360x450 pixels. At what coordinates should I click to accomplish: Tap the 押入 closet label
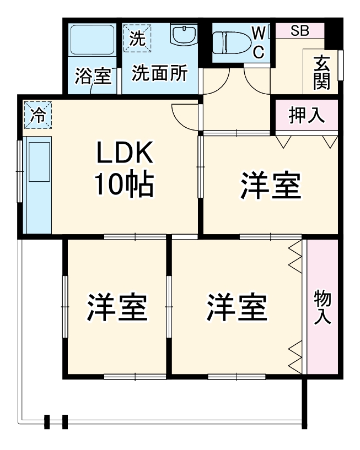coord(306,117)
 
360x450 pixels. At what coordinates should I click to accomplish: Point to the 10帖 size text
coord(125,186)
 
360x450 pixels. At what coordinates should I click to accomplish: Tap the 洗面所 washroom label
coord(159,73)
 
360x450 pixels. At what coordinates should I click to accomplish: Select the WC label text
coord(259,43)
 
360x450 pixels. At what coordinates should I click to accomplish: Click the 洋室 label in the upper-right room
coord(270,186)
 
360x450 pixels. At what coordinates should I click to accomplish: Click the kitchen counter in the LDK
coord(37,185)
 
